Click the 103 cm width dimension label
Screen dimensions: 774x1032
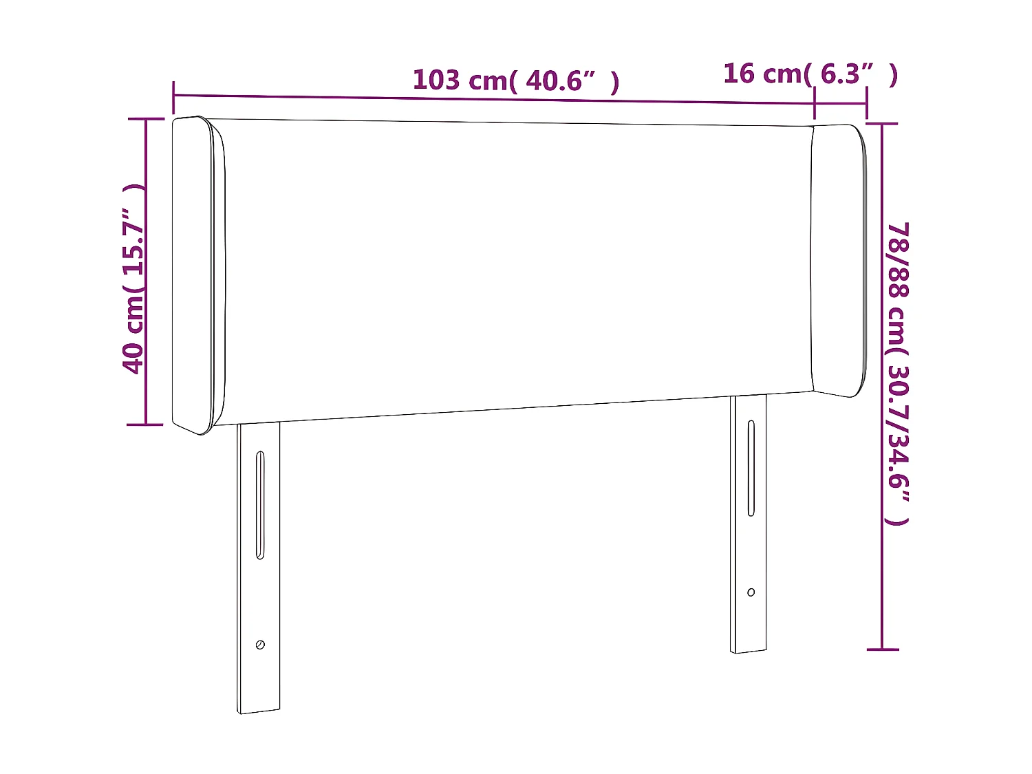point(516,80)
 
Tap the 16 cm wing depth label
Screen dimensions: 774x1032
point(810,74)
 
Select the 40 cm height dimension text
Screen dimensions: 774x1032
point(133,279)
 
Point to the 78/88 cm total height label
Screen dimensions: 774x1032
point(899,373)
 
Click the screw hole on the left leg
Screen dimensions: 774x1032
point(260,645)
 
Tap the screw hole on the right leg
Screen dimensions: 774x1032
point(751,592)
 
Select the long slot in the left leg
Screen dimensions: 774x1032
point(260,504)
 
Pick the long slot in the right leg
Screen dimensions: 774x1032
point(751,468)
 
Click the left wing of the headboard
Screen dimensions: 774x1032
point(198,275)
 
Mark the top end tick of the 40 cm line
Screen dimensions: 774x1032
point(146,119)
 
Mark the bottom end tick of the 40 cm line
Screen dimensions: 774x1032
point(146,424)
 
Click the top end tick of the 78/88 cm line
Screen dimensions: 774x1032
point(882,124)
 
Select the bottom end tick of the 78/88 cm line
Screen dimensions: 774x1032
point(882,648)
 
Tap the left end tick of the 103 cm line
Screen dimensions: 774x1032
point(173,96)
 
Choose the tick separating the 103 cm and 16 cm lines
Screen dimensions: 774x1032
point(815,103)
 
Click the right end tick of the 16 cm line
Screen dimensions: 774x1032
point(866,104)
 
